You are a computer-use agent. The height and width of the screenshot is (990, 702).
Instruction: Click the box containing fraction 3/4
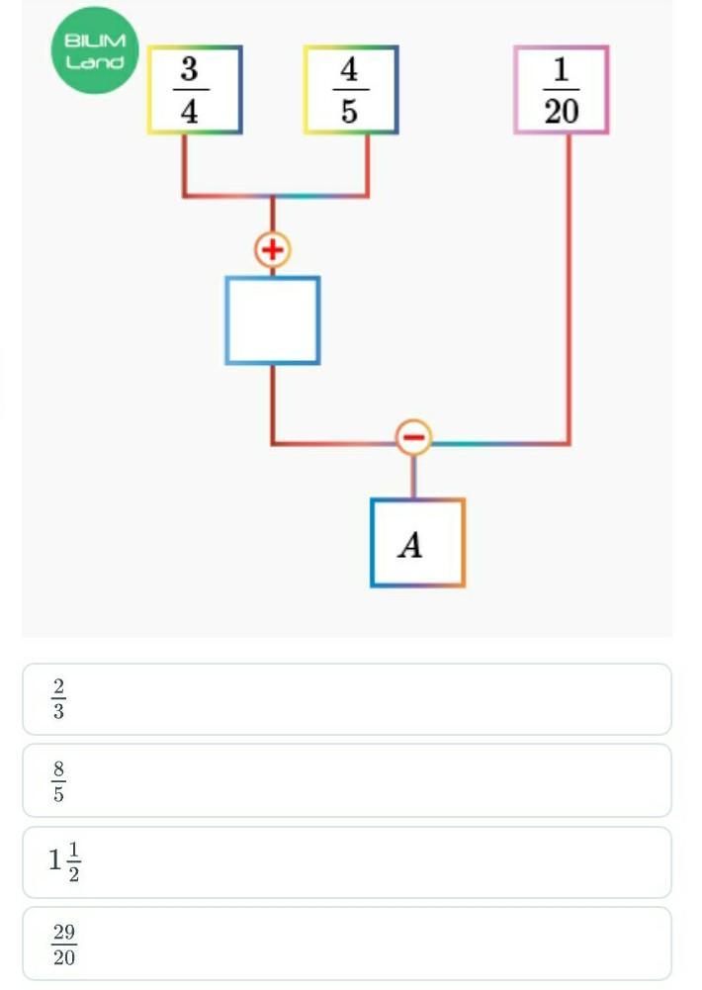(195, 90)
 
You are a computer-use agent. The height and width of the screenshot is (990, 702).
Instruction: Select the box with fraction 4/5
(351, 90)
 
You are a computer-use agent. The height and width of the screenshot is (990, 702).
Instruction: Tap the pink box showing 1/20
(561, 90)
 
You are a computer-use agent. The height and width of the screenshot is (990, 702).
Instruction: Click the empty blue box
(273, 320)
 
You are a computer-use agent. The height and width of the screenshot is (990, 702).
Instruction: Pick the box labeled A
(417, 543)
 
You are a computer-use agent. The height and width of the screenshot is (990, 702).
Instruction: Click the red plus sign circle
(272, 249)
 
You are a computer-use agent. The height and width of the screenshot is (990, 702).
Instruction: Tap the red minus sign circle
(413, 436)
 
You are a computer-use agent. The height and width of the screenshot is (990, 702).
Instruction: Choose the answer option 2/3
(346, 699)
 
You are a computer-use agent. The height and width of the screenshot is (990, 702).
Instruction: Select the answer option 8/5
(346, 780)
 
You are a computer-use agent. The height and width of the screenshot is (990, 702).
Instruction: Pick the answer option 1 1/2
(346, 862)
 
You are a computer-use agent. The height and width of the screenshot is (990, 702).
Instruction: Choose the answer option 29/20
(346, 944)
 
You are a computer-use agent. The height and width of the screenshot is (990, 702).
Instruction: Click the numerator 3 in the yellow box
(189, 71)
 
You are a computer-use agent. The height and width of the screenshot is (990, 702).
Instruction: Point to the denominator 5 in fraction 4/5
(350, 111)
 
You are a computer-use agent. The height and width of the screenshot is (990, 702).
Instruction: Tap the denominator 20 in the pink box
(561, 111)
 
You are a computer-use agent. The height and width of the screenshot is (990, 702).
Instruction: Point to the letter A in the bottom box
(410, 544)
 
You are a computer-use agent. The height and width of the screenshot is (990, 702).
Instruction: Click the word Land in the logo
(95, 62)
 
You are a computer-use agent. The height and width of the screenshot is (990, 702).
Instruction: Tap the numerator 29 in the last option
(64, 933)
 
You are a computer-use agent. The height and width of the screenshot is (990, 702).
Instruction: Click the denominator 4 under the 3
(189, 111)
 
